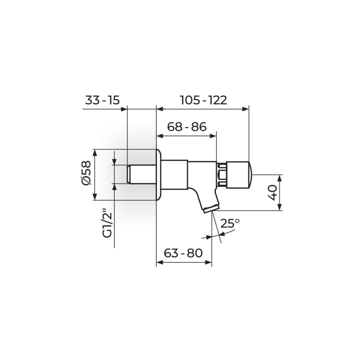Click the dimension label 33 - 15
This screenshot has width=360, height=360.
point(102,100)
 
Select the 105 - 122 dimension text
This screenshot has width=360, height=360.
point(203,100)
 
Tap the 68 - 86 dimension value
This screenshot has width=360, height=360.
point(187,127)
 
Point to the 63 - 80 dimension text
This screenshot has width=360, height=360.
point(183,253)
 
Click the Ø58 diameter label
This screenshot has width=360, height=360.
point(86,172)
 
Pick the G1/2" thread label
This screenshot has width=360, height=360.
point(107,223)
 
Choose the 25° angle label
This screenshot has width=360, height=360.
point(230,223)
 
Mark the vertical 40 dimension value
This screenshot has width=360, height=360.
point(273,193)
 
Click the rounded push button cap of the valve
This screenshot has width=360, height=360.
point(239,175)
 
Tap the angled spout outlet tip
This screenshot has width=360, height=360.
point(211,209)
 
